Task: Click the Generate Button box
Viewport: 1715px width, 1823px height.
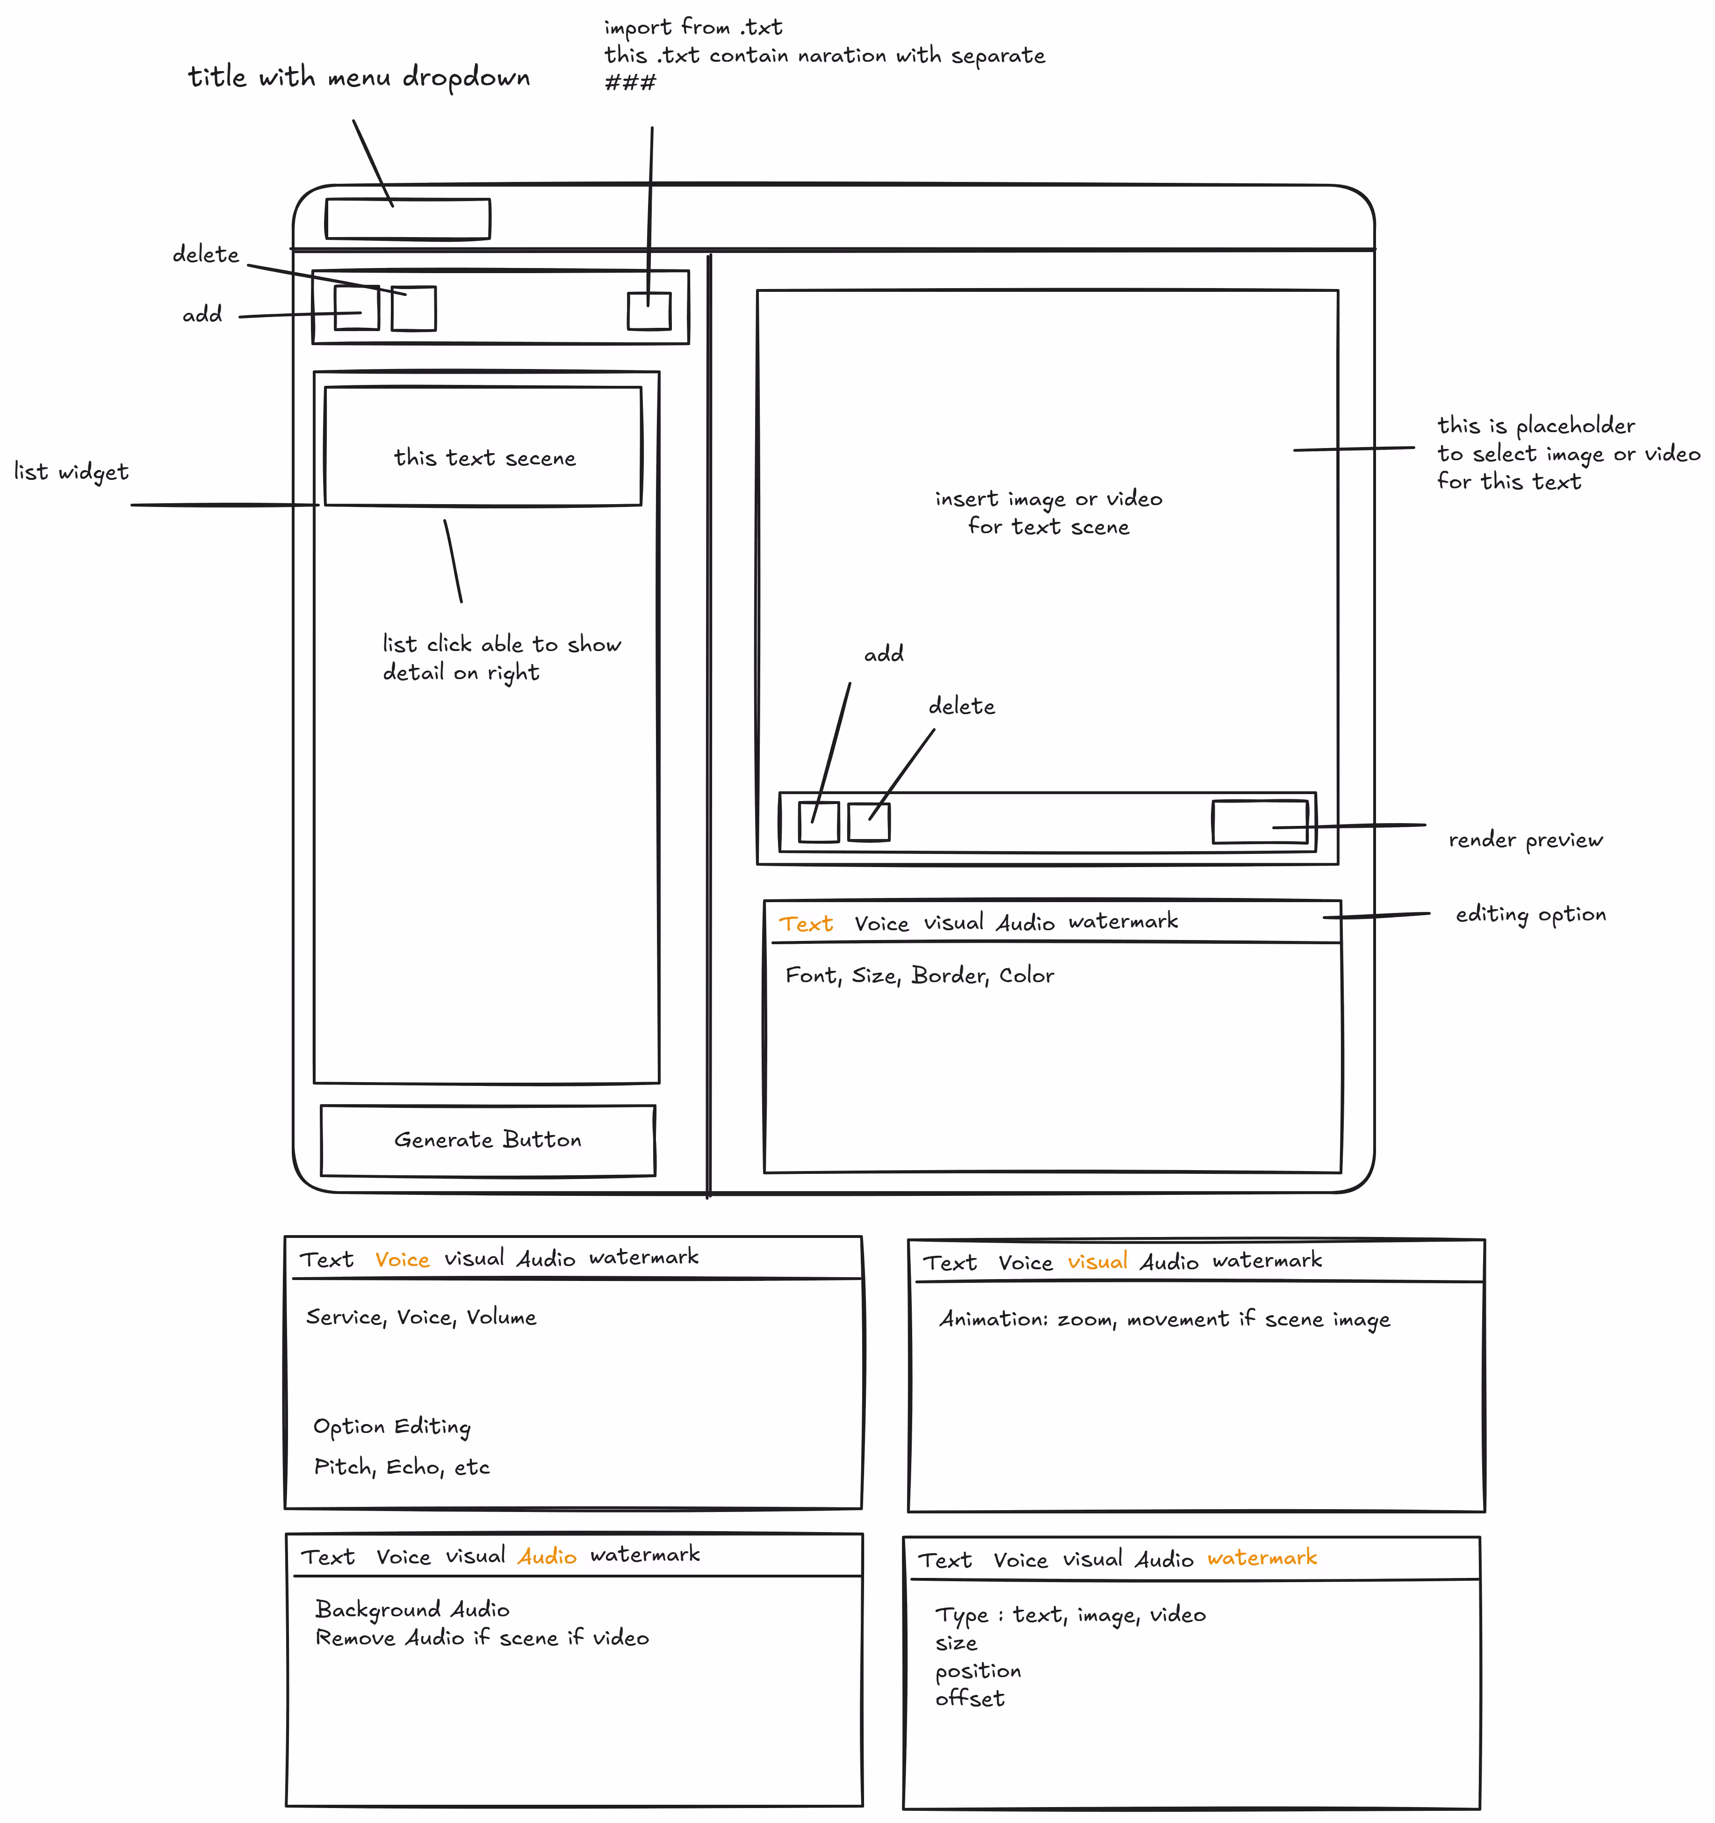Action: [488, 1140]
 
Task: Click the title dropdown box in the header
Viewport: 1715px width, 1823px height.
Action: [408, 219]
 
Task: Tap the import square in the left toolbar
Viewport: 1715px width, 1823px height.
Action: [649, 311]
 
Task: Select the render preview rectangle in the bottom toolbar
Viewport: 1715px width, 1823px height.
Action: [1260, 822]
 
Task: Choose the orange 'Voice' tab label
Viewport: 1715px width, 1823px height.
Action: [403, 1260]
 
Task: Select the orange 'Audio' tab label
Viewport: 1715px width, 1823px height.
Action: [547, 1556]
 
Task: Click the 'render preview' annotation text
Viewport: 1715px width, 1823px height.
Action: [1525, 840]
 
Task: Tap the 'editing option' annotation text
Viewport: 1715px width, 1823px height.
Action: [1531, 914]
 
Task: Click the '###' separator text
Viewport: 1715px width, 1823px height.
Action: [631, 83]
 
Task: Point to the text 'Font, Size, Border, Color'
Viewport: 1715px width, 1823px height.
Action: [919, 976]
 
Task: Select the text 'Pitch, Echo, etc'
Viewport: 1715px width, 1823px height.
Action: [402, 1467]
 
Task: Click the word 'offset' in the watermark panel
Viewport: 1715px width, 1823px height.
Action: [970, 1699]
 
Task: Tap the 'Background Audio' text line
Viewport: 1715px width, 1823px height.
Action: [412, 1610]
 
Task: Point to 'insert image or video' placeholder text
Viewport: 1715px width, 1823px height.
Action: [1049, 499]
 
